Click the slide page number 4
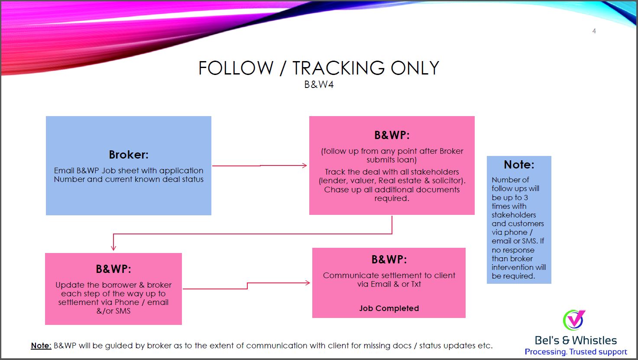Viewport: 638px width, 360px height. tap(594, 31)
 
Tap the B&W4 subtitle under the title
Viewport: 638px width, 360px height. tap(319, 84)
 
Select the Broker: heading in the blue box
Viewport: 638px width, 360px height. tap(129, 155)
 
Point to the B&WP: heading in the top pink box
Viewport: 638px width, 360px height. tap(392, 135)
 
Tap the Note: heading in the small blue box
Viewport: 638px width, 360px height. tap(519, 165)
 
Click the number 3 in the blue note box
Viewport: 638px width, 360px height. tap(525, 198)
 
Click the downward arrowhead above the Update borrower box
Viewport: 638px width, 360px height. tap(113, 247)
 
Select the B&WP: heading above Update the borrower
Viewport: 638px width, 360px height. tap(113, 269)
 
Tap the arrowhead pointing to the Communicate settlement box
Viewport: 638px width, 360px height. tap(308, 283)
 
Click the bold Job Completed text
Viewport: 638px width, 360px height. tap(389, 308)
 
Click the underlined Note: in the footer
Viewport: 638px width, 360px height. tap(41, 345)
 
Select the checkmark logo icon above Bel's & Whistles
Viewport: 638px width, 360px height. tap(573, 320)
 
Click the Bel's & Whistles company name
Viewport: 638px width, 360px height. tap(576, 341)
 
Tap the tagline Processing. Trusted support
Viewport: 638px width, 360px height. tap(576, 352)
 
